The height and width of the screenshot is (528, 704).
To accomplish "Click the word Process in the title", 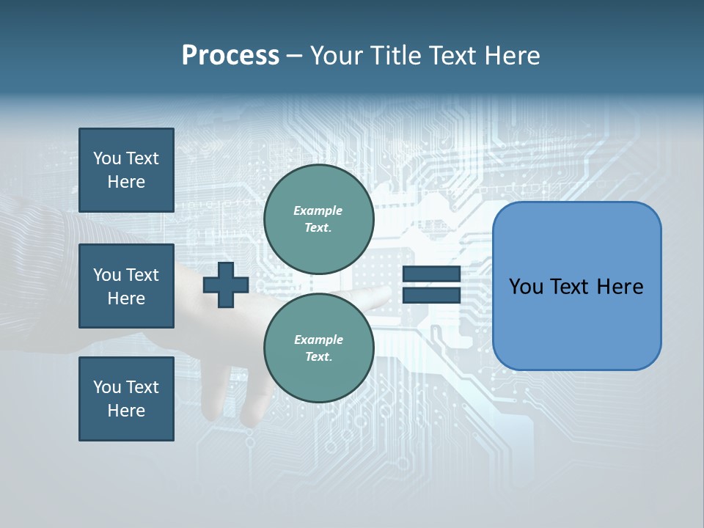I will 230,56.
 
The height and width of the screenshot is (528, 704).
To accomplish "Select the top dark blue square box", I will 126,170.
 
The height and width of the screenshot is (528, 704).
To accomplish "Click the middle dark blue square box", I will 126,286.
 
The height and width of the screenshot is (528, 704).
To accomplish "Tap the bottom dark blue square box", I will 126,398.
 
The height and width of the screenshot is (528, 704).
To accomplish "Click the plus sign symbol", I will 226,285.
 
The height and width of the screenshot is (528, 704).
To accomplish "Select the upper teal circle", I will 319,219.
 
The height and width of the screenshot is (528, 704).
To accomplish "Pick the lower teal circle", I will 319,348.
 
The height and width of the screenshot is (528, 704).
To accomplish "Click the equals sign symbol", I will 432,285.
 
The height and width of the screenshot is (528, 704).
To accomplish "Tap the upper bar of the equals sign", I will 432,274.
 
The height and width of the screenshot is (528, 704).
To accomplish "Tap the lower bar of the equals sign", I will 432,295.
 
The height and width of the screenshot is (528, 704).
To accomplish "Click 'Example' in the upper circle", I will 318,210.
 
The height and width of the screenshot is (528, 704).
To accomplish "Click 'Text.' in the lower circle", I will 318,357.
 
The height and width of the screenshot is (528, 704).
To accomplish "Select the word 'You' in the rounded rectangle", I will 525,287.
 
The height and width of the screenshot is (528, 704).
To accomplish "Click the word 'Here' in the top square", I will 126,182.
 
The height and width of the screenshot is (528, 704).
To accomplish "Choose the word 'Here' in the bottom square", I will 126,411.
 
